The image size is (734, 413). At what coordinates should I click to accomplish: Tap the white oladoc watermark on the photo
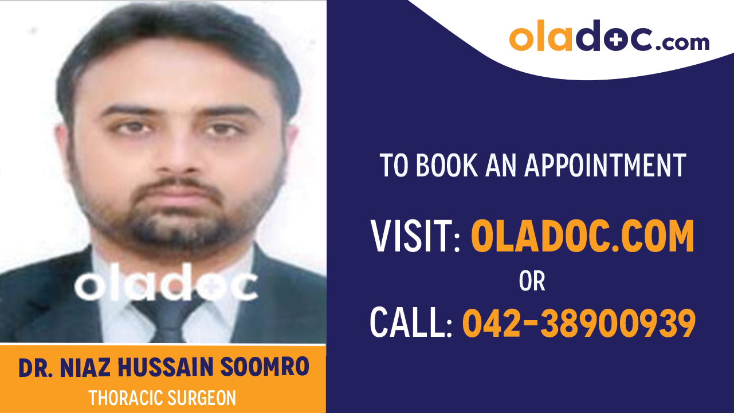[166, 285]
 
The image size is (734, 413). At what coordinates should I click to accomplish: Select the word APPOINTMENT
[605, 165]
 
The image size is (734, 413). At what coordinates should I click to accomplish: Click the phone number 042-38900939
[579, 323]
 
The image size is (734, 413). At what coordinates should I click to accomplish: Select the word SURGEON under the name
[201, 398]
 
